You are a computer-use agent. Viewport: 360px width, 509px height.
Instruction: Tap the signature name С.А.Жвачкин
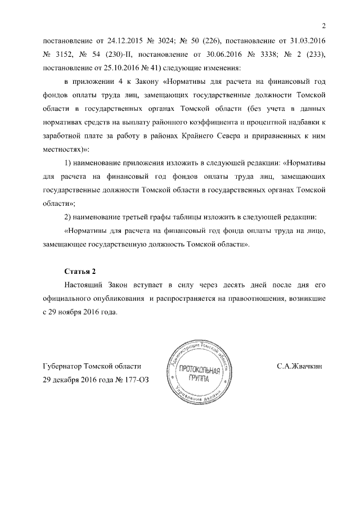coord(299,366)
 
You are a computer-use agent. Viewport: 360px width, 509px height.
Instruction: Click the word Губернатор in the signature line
coord(63,366)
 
